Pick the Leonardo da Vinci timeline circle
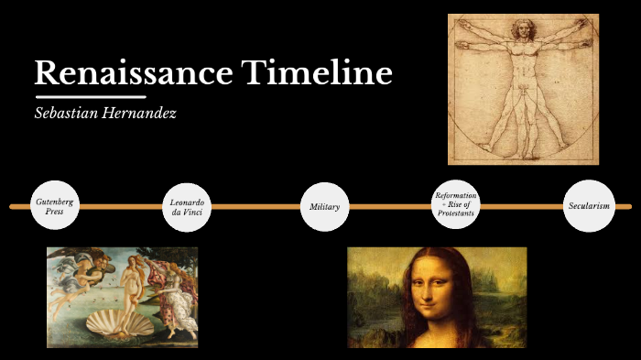pos(187,206)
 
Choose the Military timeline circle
pos(324,206)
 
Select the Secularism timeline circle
pos(588,206)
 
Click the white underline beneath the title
pos(90,96)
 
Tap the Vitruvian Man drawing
pos(523,89)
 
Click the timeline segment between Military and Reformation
pos(390,206)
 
